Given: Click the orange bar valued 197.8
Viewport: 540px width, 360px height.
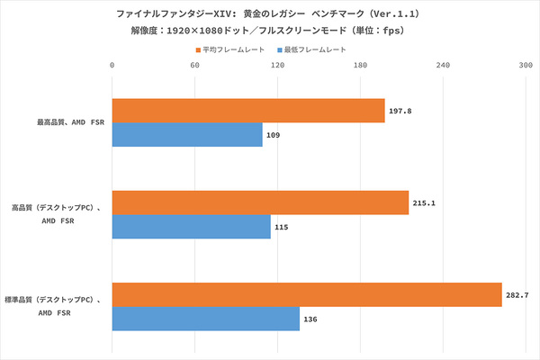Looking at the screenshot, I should (x=248, y=111).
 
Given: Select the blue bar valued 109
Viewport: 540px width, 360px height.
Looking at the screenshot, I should (x=187, y=135).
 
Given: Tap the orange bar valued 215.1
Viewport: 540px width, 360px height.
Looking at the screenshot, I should (x=260, y=203).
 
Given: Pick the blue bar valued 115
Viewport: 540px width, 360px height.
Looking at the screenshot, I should (x=191, y=227).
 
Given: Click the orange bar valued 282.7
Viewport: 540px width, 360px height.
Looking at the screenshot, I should (x=307, y=295).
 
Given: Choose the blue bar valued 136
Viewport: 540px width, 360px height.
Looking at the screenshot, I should (x=205, y=319).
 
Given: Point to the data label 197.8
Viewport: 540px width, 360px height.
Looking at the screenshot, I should (x=400, y=111).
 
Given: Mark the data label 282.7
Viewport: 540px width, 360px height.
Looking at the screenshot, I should (x=517, y=295).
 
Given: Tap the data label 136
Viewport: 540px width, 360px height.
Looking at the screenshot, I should (x=311, y=319).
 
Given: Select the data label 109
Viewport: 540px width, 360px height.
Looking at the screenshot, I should (x=274, y=135).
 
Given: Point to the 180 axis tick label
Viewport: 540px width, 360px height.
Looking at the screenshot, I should (x=360, y=65).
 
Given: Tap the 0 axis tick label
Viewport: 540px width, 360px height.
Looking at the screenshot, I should (x=112, y=65).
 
